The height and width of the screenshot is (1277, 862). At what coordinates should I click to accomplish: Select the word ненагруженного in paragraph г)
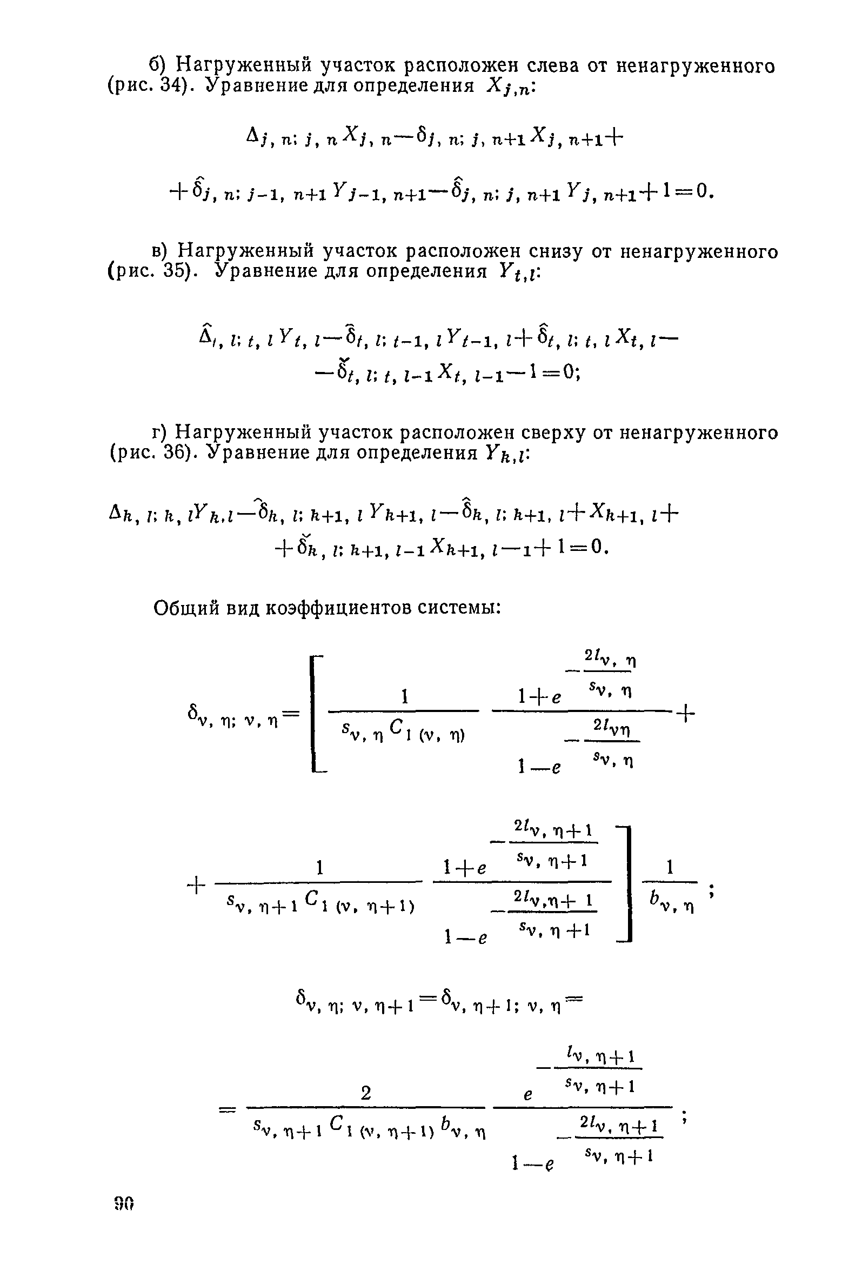pyautogui.click(x=698, y=433)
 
